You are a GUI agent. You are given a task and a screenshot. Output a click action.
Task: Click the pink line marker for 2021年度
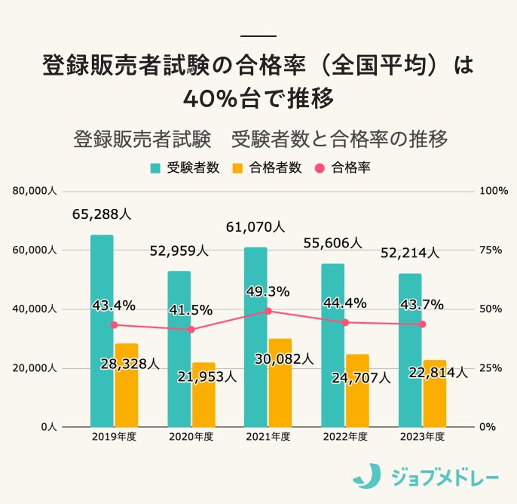point(268,311)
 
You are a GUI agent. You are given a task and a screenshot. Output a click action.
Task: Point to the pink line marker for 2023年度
point(422,324)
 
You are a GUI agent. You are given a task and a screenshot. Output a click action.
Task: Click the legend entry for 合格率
point(344,167)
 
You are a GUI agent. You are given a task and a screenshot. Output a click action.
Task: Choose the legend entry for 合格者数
point(268,167)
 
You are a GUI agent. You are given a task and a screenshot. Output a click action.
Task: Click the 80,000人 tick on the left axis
point(35,192)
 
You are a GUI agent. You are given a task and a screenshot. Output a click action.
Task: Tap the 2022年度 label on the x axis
point(344,437)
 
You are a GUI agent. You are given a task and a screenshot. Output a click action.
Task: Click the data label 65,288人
point(102,214)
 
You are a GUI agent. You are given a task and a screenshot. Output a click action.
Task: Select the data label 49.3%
point(268,291)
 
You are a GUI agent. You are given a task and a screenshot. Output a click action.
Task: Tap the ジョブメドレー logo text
point(444,477)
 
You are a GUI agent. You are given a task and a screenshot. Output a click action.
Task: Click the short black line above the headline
point(258,36)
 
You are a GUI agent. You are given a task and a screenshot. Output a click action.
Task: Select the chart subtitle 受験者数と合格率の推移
point(340,140)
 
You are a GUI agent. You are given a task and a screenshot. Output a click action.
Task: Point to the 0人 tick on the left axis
point(48,427)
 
